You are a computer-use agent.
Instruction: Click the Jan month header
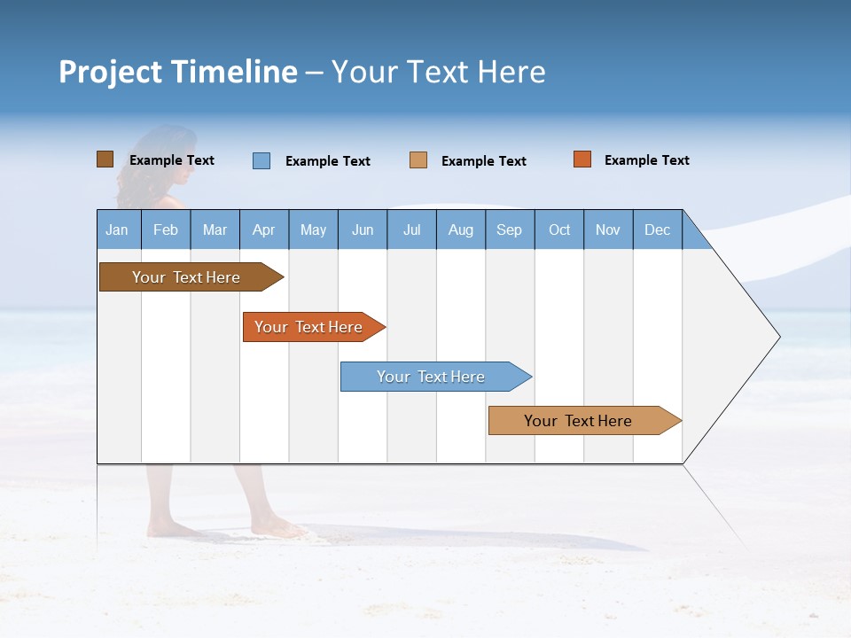[x=118, y=230]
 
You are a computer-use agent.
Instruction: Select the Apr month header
[x=264, y=230]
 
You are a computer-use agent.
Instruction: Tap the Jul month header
[x=411, y=230]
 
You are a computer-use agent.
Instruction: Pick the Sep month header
[x=510, y=230]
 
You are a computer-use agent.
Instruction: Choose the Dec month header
[x=657, y=230]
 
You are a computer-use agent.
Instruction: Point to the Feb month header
[x=166, y=230]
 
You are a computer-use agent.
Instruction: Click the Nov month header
[x=608, y=230]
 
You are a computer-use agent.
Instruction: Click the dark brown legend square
[x=105, y=159]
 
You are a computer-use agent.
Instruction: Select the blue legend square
[x=262, y=160]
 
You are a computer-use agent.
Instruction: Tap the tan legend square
[x=418, y=160]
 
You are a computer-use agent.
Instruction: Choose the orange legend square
[x=582, y=159]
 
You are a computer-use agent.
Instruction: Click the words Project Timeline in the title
[x=178, y=72]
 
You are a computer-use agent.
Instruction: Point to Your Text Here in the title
[x=438, y=72]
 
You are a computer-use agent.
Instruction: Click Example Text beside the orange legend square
[x=646, y=160]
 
